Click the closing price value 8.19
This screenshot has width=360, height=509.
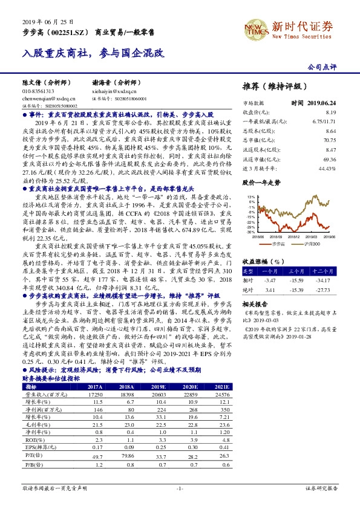coord(347,112)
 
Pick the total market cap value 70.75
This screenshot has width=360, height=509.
coord(346,139)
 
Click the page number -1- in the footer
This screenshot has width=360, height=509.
coord(179,487)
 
